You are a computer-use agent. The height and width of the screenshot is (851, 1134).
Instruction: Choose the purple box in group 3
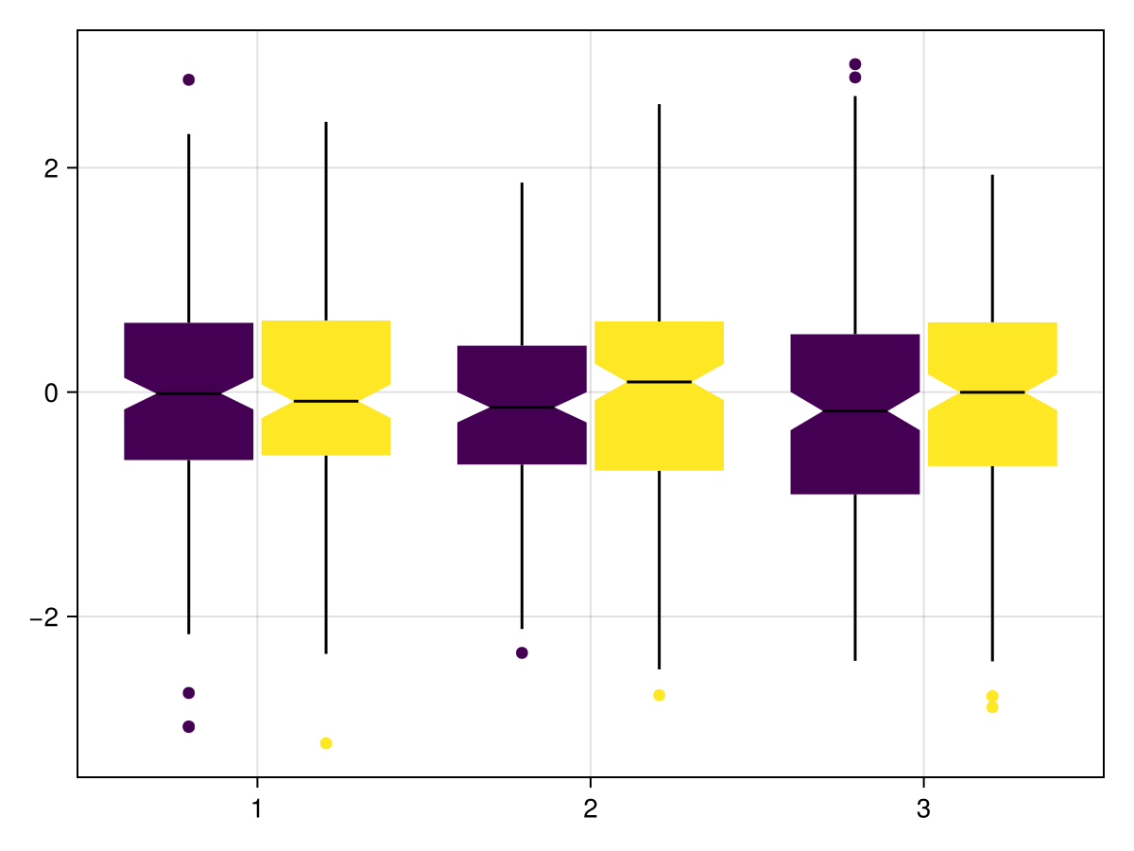[855, 454]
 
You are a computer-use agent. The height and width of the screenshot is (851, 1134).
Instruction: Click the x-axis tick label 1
[257, 810]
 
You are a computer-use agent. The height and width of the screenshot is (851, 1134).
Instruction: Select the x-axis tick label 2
[591, 810]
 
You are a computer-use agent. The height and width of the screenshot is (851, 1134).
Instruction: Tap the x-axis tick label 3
[923, 810]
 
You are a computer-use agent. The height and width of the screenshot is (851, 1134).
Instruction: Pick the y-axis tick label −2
[44, 617]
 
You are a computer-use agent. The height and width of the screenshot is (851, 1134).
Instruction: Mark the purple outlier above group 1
[189, 79]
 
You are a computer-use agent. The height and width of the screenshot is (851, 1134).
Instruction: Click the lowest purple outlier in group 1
[189, 726]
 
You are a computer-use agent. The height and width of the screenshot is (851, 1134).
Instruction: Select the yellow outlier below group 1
[326, 743]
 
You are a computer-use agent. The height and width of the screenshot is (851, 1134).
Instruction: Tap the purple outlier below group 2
[523, 652]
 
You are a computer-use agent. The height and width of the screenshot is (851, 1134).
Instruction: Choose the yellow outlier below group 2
[660, 695]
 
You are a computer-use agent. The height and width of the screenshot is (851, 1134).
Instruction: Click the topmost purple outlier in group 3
[855, 64]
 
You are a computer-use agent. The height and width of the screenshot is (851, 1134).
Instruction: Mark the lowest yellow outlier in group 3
[992, 707]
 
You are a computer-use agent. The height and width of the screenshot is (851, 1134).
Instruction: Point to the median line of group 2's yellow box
[660, 381]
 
